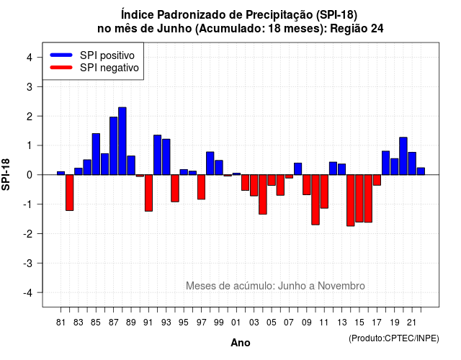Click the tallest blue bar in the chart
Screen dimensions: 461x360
[x=122, y=141]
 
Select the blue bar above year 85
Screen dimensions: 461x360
[x=96, y=154]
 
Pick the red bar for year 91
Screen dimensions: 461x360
[x=149, y=193]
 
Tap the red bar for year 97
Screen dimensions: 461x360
[x=202, y=187]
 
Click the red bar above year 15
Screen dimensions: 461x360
[x=359, y=199]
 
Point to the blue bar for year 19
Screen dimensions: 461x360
[x=395, y=166]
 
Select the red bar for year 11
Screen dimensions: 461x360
[x=324, y=192]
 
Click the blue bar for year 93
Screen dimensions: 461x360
[x=166, y=157]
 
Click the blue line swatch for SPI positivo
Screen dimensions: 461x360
[x=61, y=55]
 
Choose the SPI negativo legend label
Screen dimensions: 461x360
[x=109, y=68]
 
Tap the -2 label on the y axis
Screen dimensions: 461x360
[x=28, y=234]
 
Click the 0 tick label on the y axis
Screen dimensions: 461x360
[x=29, y=175]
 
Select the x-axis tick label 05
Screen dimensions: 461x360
[x=272, y=323]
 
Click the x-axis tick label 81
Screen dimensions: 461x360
[x=61, y=323]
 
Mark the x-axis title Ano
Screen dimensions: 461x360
[x=240, y=343]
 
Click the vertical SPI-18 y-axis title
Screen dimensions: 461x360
[x=6, y=174]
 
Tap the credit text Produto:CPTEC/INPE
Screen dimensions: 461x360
[x=394, y=338]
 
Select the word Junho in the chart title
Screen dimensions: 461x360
[x=174, y=29]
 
